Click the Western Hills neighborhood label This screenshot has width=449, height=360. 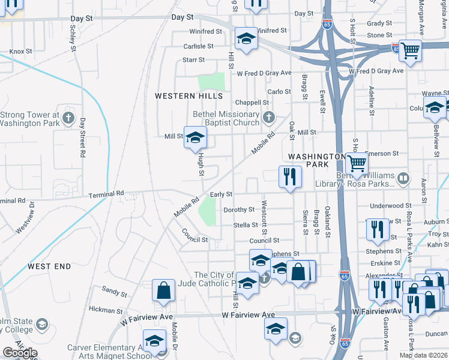pyautogui.click(x=188, y=96)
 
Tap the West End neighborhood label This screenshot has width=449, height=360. pyautogui.click(x=49, y=266)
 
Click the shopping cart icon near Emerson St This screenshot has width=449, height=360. pyautogui.click(x=357, y=162)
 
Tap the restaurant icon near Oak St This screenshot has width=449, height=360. pyautogui.click(x=290, y=176)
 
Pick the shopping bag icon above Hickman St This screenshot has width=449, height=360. pyautogui.click(x=163, y=291)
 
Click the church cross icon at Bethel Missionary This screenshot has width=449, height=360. pyautogui.click(x=268, y=117)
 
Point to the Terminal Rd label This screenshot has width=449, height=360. pyautogui.click(x=106, y=194)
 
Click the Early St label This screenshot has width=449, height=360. pyautogui.click(x=221, y=194)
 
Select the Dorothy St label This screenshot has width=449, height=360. pyautogui.click(x=239, y=210)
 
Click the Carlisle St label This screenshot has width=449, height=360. pyautogui.click(x=198, y=46)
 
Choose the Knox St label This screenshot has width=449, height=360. pyautogui.click(x=20, y=52)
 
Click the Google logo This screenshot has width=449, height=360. pyautogui.click(x=20, y=353)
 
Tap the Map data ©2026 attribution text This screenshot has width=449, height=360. pyautogui.click(x=423, y=355)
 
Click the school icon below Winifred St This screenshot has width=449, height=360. pyautogui.click(x=245, y=39)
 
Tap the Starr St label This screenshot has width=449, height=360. pyautogui.click(x=193, y=60)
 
